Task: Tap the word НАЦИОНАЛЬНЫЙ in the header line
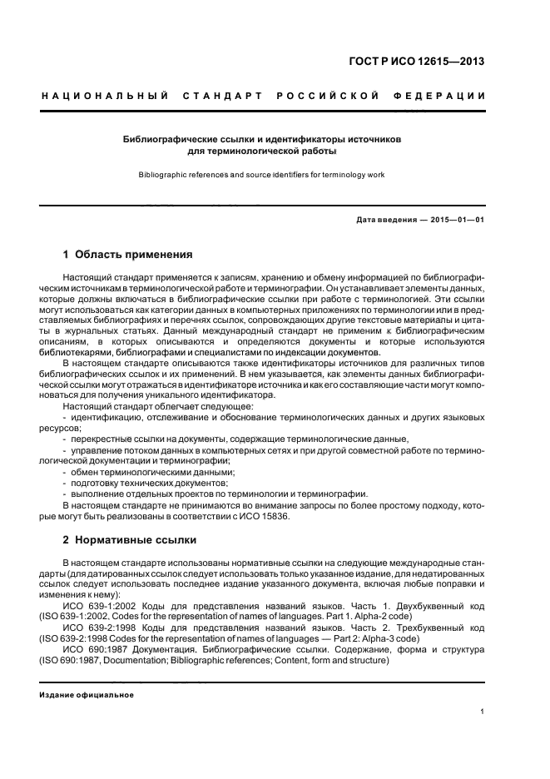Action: pyautogui.click(x=104, y=97)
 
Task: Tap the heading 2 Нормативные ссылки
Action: pyautogui.click(x=130, y=539)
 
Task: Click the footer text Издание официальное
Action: pyautogui.click(x=87, y=695)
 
